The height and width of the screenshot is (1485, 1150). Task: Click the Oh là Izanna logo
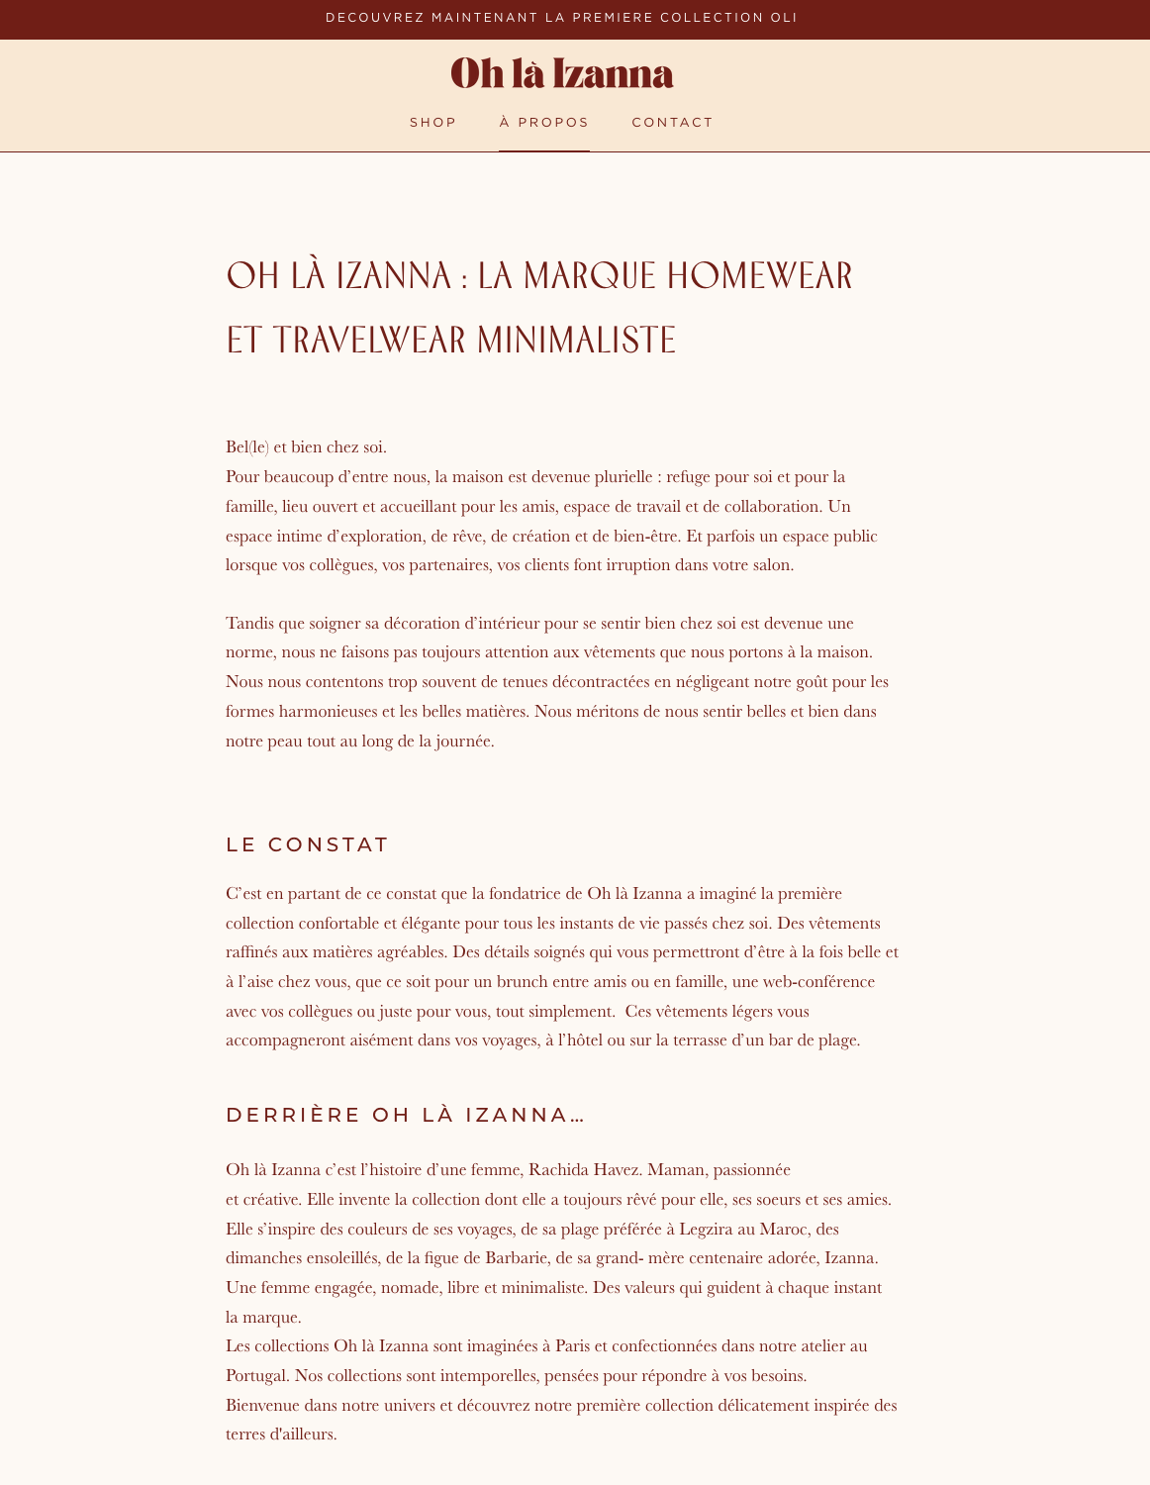click(x=561, y=74)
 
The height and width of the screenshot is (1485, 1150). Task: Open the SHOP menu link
click(x=432, y=123)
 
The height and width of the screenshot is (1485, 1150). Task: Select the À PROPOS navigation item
click(x=543, y=123)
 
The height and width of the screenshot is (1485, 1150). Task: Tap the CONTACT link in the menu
click(x=672, y=123)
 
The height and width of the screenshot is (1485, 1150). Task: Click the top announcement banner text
click(x=561, y=18)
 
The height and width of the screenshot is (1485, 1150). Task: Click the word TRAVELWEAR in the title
click(x=369, y=341)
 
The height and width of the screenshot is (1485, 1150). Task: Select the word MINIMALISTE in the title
click(x=576, y=341)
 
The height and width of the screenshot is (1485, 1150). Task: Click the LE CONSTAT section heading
click(x=307, y=844)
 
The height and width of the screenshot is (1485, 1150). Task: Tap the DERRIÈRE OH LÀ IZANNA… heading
click(x=405, y=1115)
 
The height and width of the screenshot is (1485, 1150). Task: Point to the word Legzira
click(x=708, y=1230)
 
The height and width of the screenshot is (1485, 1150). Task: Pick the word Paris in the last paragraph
click(x=572, y=1346)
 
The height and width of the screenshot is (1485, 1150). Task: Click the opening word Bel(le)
click(x=247, y=447)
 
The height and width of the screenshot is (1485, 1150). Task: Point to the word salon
click(x=772, y=565)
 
